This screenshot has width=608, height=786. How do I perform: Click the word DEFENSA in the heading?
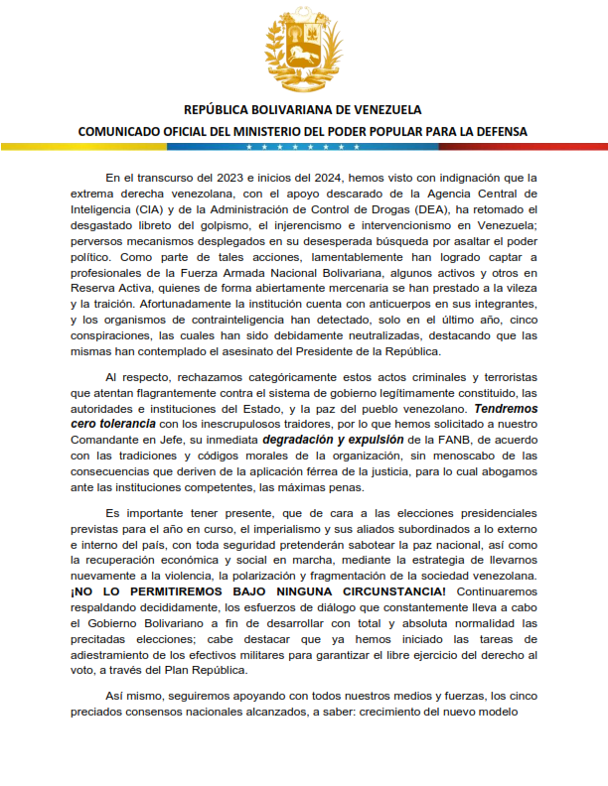pyautogui.click(x=496, y=131)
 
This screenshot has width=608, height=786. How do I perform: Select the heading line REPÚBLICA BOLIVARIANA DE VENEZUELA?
pyautogui.click(x=303, y=109)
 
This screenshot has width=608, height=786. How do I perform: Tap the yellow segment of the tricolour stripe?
pyautogui.click(x=99, y=147)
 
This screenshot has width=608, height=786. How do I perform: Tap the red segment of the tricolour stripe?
pyautogui.click(x=507, y=147)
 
